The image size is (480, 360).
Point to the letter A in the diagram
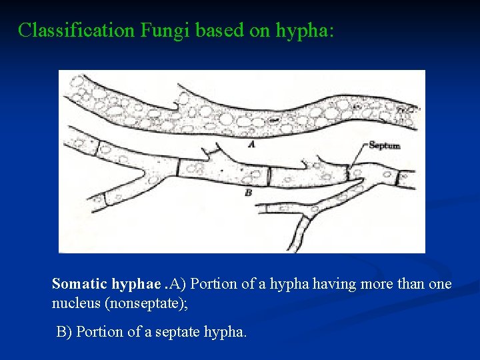[250, 143]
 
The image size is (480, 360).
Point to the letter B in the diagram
[249, 192]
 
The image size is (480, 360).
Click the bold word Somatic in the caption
[79, 284]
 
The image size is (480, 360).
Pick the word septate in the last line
[180, 331]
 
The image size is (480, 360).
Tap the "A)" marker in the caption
[179, 284]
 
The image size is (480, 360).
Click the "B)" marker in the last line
[65, 331]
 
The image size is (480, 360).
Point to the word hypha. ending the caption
[225, 332]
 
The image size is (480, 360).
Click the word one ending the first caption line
[440, 284]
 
